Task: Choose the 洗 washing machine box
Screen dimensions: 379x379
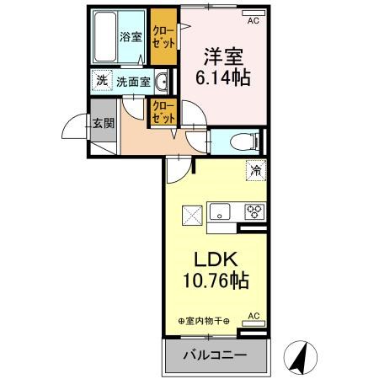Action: [101, 81]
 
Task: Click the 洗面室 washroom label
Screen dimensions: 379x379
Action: [132, 82]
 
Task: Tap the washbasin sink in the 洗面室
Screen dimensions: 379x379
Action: [162, 81]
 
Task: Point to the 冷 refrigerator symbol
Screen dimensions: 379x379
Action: [254, 170]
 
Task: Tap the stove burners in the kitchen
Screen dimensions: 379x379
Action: [254, 211]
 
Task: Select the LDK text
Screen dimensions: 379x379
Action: [217, 259]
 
